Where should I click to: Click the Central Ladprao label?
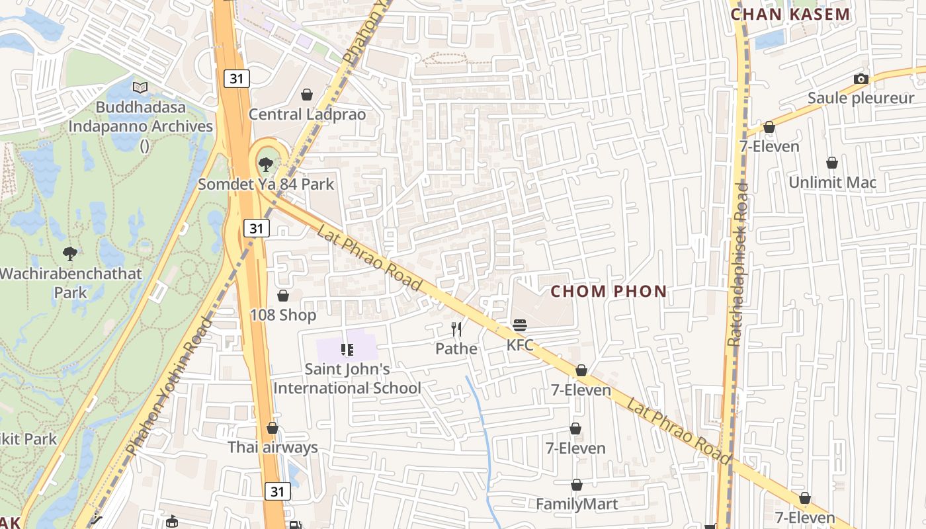pos(307,114)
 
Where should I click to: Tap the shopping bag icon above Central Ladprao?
pos(307,95)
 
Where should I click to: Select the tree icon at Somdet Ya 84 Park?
pos(266,164)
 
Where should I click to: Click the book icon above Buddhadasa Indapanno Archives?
pos(140,87)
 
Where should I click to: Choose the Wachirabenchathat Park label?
pos(71,282)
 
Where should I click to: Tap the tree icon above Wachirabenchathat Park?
pos(69,253)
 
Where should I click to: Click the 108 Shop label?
pos(283,315)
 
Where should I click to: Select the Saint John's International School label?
pos(347,378)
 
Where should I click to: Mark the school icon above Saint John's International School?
pos(347,349)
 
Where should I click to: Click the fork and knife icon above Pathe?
pos(456,329)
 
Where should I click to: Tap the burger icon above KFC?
pos(520,325)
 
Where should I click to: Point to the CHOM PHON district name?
pos(609,291)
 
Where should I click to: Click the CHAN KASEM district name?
pos(790,14)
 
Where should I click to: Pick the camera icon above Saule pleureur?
pos(861,79)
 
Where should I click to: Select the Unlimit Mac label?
pos(832,183)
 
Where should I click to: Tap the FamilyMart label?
pos(577,505)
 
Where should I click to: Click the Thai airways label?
pos(273,448)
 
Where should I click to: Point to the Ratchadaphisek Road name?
pos(737,264)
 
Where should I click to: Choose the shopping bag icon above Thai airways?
pos(273,428)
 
